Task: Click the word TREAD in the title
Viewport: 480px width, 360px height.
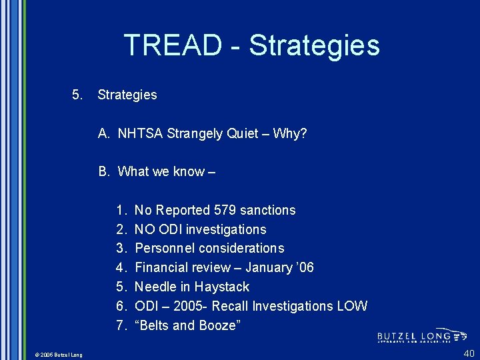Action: click(172, 45)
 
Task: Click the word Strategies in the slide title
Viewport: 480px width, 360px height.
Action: click(314, 45)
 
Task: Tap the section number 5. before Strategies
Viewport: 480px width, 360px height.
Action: click(77, 95)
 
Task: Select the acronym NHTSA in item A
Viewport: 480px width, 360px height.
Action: click(140, 133)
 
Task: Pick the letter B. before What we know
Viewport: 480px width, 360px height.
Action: click(104, 171)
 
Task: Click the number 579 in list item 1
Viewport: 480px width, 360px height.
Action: click(225, 210)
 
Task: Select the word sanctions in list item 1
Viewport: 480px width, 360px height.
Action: click(267, 210)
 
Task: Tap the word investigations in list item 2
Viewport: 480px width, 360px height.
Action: click(226, 229)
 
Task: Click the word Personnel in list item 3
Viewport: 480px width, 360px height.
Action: click(163, 248)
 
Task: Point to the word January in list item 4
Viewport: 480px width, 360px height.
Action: click(269, 267)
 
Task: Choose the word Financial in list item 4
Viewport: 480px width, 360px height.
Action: click(161, 267)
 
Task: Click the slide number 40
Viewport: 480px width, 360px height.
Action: click(469, 353)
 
